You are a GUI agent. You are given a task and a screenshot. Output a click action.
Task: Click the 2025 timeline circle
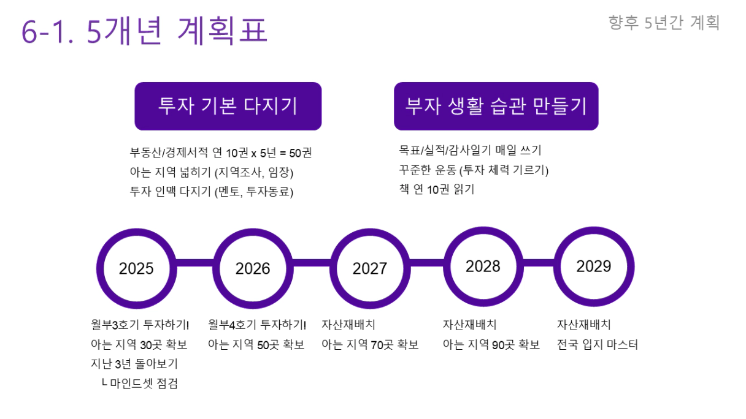(x=100, y=269)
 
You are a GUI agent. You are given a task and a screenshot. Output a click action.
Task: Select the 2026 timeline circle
(x=217, y=269)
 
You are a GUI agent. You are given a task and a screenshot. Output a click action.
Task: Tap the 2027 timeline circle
(x=334, y=269)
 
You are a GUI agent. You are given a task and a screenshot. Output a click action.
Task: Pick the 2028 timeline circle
(x=447, y=266)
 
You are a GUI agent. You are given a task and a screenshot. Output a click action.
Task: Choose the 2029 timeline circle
(x=558, y=266)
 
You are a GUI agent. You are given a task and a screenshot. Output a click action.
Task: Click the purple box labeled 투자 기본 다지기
(x=228, y=107)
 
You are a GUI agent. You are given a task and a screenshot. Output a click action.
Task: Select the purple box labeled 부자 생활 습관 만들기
(x=496, y=107)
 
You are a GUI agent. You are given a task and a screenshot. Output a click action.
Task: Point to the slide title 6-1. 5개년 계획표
(x=145, y=31)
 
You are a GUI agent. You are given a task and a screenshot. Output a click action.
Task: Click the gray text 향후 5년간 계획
(x=664, y=23)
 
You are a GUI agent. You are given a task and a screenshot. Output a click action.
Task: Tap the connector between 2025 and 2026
(x=195, y=263)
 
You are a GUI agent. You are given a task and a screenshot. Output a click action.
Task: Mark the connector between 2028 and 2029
(x=539, y=263)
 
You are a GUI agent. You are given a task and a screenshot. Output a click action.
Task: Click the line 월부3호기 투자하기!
(x=140, y=325)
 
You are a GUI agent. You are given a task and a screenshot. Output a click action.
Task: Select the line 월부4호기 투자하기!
(x=257, y=325)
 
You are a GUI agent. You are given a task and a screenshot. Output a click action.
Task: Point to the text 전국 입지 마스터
(x=598, y=344)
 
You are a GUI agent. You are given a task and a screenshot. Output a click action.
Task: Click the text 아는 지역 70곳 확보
(x=370, y=344)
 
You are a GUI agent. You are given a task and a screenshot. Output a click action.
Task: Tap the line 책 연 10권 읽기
(x=437, y=189)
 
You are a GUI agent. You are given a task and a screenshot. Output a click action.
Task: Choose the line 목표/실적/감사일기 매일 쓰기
(x=471, y=150)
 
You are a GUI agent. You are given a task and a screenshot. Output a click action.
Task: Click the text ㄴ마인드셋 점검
(x=139, y=383)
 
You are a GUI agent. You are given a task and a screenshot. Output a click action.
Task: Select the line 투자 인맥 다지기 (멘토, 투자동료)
(x=212, y=192)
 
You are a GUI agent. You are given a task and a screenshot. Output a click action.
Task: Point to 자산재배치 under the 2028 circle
(x=469, y=325)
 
